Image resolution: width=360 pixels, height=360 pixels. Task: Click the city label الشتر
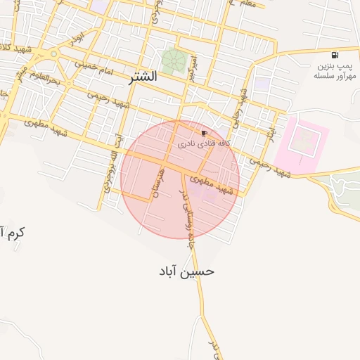click(143, 77)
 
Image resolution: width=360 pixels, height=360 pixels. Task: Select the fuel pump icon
click(334, 55)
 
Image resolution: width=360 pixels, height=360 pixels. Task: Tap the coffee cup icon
click(204, 132)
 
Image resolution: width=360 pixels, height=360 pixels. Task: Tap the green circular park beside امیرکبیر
click(173, 60)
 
